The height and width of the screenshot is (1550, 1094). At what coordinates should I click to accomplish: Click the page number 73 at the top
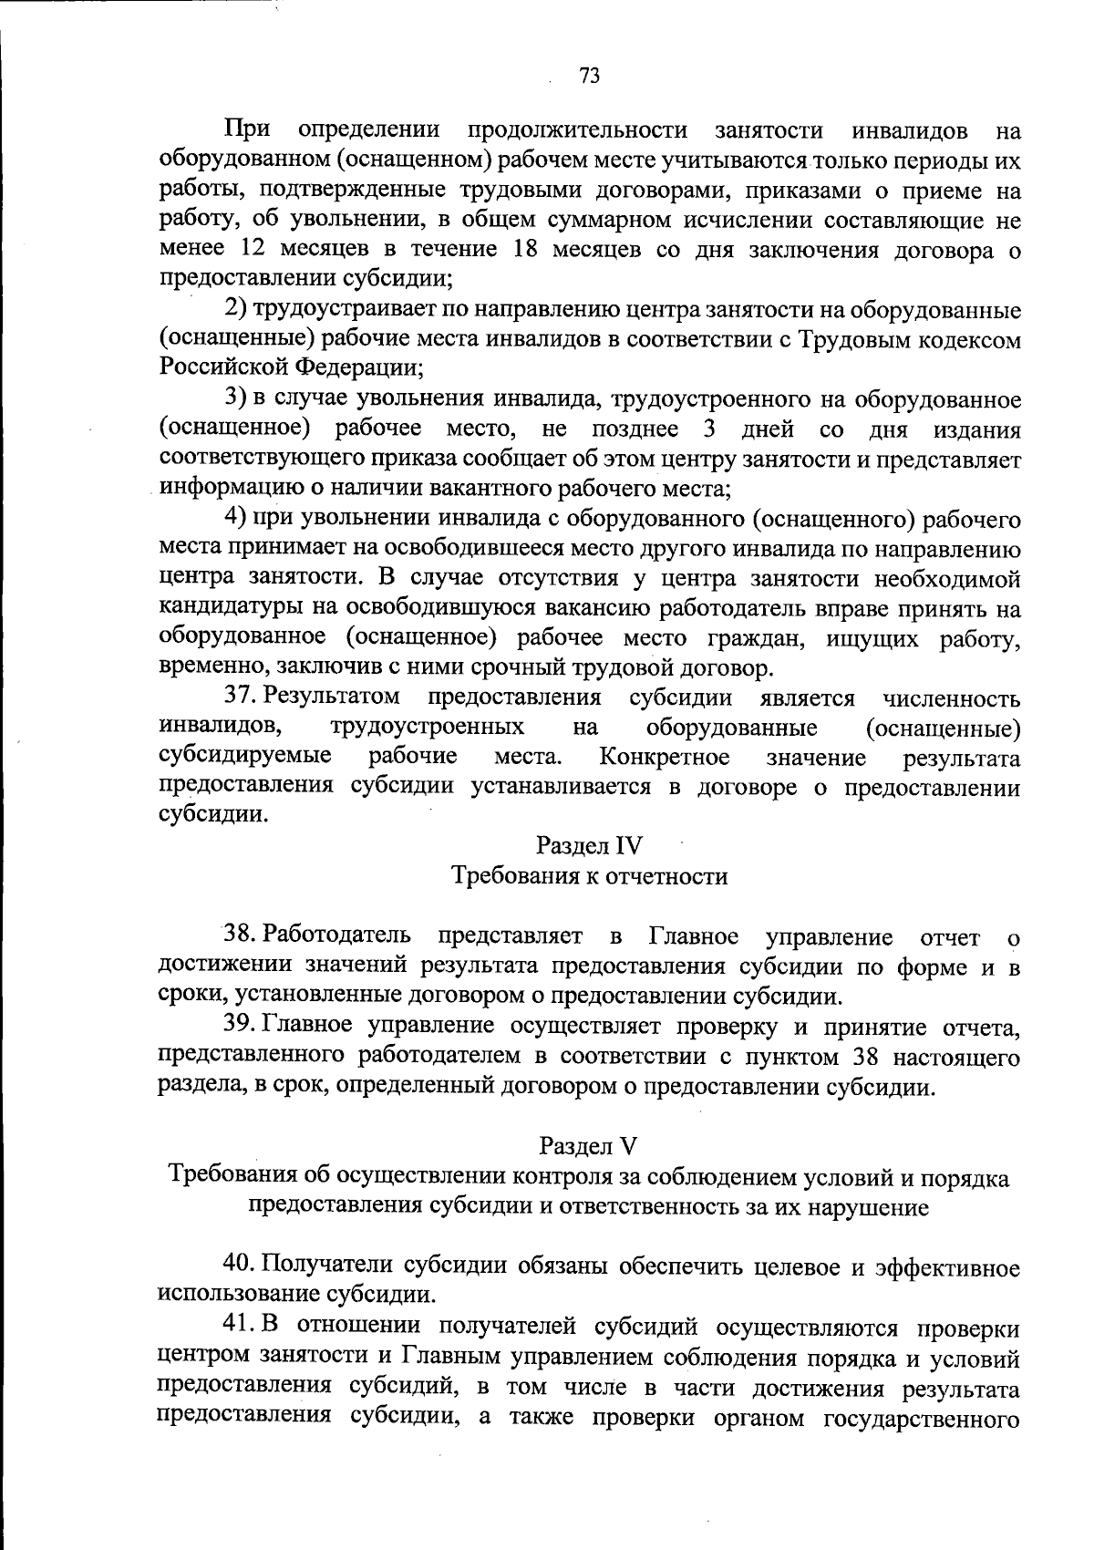(589, 76)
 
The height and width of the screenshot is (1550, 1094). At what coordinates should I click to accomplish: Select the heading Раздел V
(589, 1144)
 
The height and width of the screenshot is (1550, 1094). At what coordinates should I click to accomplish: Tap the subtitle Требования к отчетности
(589, 876)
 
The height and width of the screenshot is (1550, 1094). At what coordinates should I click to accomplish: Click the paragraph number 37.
(239, 697)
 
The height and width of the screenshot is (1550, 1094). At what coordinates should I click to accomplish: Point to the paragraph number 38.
(239, 935)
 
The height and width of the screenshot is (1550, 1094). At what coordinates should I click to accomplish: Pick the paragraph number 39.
(239, 1026)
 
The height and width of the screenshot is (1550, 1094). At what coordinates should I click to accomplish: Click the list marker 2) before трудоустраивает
(236, 310)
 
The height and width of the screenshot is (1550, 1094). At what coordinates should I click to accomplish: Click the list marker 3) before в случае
(236, 399)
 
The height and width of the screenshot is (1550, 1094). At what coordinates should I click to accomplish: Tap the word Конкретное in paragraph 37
(664, 757)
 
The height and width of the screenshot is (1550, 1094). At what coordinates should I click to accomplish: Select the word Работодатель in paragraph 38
(337, 935)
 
